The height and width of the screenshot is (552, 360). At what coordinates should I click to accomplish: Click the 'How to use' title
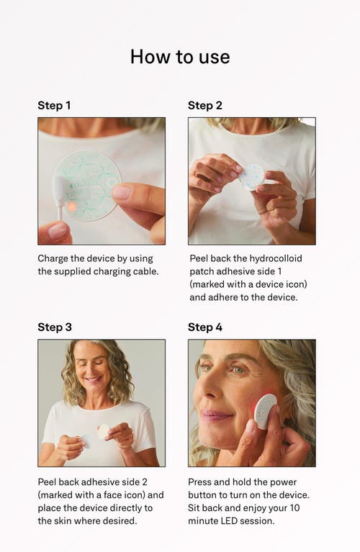[180, 57]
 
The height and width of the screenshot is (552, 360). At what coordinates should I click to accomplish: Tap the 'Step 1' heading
[54, 105]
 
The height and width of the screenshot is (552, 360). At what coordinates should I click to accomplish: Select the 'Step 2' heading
[205, 105]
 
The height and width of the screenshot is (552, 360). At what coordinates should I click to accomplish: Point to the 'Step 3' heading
[55, 327]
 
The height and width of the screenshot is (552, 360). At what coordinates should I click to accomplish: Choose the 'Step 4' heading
[205, 327]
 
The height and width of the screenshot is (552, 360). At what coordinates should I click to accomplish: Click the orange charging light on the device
[71, 207]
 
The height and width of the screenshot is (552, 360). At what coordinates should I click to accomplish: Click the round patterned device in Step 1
[88, 186]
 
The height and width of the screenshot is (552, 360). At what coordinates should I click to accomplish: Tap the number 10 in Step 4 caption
[294, 507]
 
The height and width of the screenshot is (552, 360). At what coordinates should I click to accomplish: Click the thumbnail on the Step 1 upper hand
[122, 192]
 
